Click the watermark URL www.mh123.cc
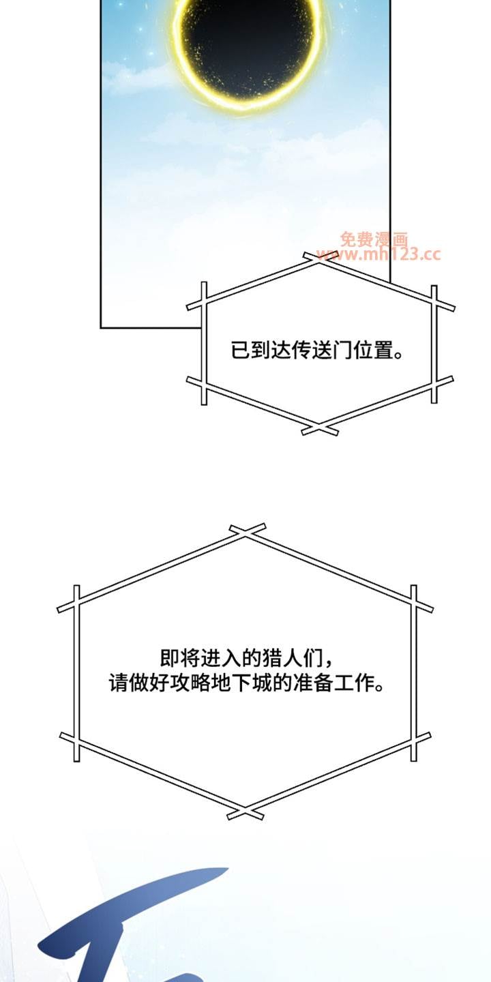click(x=378, y=254)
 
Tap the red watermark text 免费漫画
click(x=374, y=239)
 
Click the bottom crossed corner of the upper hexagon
click(x=320, y=430)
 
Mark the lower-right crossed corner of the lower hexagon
click(x=414, y=743)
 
